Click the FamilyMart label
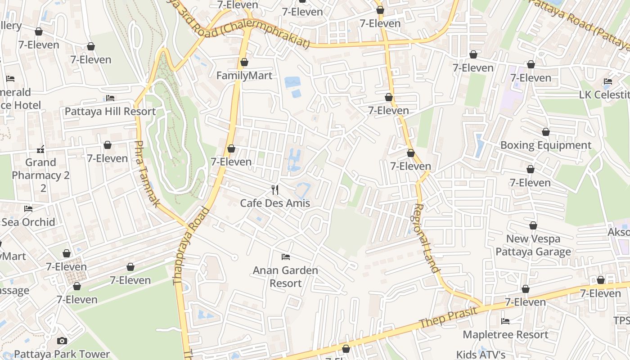pyautogui.click(x=244, y=76)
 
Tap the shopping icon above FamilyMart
pyautogui.click(x=244, y=62)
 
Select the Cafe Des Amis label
pyautogui.click(x=275, y=203)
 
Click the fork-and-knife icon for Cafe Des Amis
pyautogui.click(x=275, y=190)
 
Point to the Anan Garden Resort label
pyautogui.click(x=285, y=277)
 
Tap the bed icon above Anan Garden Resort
pyautogui.click(x=285, y=257)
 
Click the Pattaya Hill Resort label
pyautogui.click(x=110, y=111)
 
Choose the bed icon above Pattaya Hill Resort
pyautogui.click(x=110, y=98)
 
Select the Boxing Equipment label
pyautogui.click(x=546, y=145)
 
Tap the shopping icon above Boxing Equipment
pyautogui.click(x=546, y=132)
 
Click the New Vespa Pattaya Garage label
pyautogui.click(x=533, y=245)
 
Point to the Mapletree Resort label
pyautogui.click(x=505, y=334)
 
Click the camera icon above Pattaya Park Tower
pyautogui.click(x=62, y=341)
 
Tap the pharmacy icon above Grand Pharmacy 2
pyautogui.click(x=40, y=149)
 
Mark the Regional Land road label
pyautogui.click(x=426, y=238)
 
